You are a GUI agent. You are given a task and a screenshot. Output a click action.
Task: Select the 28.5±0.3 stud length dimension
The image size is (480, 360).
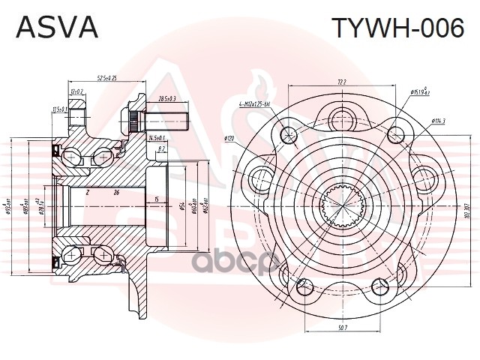[x=167, y=99]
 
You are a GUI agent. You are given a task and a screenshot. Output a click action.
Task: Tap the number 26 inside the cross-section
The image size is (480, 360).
[x=116, y=192]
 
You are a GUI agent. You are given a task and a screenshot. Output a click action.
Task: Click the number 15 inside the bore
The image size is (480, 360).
[x=156, y=199]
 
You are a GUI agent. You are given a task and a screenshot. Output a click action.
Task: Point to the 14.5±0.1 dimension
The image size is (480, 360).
[x=157, y=138]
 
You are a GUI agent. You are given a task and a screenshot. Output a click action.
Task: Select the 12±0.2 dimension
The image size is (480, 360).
[x=76, y=91]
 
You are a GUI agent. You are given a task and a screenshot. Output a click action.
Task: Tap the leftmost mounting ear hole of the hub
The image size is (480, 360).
[x=260, y=177]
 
